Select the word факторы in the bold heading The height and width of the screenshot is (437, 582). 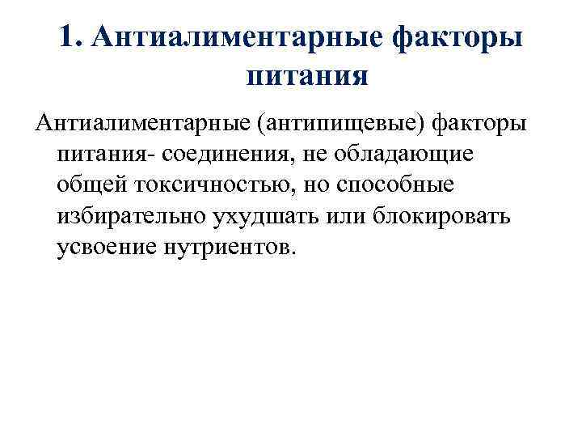[x=461, y=39]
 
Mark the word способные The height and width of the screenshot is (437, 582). [x=390, y=185]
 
